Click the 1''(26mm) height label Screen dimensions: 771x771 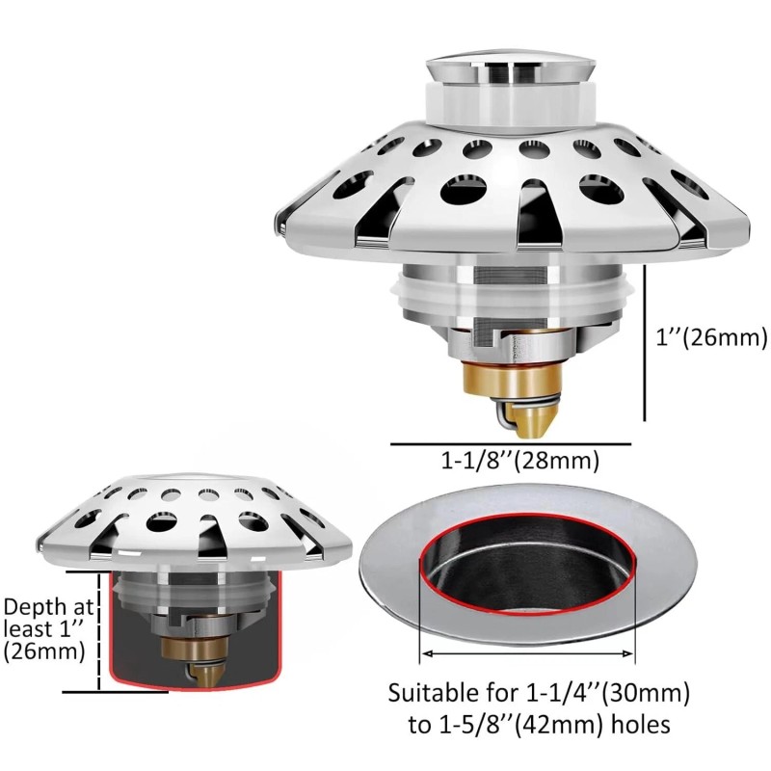pos(711,337)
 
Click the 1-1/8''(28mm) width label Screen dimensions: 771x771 pos(520,461)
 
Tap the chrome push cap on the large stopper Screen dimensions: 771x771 pos(511,67)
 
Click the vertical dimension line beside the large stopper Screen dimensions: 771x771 pos(645,343)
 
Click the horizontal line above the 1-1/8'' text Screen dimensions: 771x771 pos(511,444)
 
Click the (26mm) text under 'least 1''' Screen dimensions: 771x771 pos(44,651)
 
